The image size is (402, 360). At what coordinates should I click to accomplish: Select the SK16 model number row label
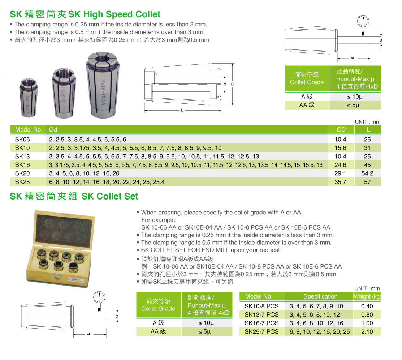point(22,165)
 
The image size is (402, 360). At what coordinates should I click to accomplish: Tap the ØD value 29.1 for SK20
point(340,173)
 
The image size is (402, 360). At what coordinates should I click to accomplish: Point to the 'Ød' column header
point(53,130)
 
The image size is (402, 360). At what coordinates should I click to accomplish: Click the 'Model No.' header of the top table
point(29,130)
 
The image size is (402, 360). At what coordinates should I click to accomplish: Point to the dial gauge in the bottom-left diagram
point(99,297)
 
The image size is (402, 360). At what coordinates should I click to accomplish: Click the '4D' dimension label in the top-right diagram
point(353,58)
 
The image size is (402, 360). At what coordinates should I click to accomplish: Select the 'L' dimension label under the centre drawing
point(182,110)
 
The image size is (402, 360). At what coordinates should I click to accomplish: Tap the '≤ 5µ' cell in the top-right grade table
point(355,105)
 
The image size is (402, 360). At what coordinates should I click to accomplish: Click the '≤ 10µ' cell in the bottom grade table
point(206,323)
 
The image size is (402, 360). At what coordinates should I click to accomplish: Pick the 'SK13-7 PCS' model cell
point(261,314)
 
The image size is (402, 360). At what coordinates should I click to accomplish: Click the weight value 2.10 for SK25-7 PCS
point(367,331)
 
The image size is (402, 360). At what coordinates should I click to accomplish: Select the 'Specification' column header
point(320,296)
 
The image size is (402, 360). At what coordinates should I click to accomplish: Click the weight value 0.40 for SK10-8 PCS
point(367,306)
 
